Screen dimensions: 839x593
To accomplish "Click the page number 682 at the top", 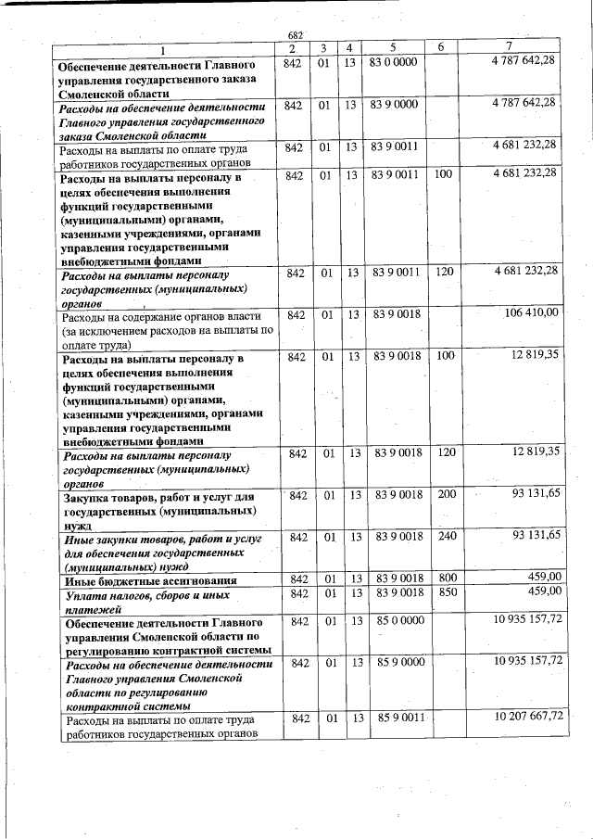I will point(296,34).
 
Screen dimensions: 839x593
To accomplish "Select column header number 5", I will point(393,47).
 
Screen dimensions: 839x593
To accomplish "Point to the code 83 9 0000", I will point(394,106).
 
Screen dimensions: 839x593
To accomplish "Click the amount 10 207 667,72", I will point(529,717).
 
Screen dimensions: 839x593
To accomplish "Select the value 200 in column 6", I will point(447,495).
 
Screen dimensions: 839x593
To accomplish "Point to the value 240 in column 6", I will point(447,537).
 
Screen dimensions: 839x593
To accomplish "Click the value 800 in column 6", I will point(447,579).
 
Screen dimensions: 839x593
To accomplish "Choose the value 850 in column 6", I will point(447,591).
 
